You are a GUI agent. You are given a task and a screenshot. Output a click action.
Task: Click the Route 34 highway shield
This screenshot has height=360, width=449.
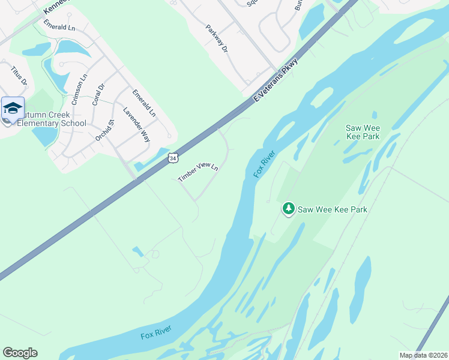click(x=173, y=158)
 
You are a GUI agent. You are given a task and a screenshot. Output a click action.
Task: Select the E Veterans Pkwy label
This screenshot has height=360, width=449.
click(x=276, y=79)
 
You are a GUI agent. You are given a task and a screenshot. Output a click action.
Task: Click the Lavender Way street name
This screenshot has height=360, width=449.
click(x=136, y=125)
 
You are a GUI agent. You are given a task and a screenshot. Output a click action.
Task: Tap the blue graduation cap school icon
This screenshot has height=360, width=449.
click(x=13, y=109)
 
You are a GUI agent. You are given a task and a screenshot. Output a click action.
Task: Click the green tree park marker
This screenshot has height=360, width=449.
click(x=289, y=209)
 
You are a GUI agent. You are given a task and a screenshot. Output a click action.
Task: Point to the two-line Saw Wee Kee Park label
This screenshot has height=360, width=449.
click(x=363, y=131)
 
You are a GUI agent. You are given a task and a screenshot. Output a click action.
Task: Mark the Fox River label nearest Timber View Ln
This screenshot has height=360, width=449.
click(x=264, y=163)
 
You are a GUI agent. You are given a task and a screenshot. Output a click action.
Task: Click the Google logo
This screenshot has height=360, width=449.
click(x=20, y=353)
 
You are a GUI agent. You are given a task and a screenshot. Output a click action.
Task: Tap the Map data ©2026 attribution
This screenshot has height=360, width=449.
click(x=423, y=355)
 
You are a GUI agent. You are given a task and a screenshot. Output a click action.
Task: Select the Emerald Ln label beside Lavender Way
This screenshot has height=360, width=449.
click(x=144, y=103)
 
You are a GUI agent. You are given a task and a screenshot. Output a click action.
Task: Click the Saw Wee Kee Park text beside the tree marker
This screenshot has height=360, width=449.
click(x=333, y=209)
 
